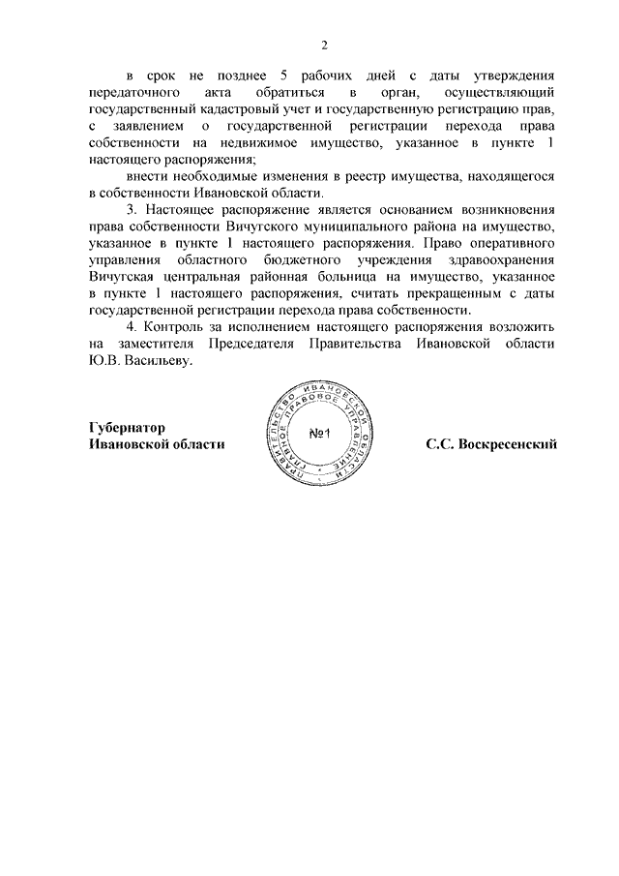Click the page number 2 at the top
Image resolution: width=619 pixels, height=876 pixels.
(325, 45)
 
